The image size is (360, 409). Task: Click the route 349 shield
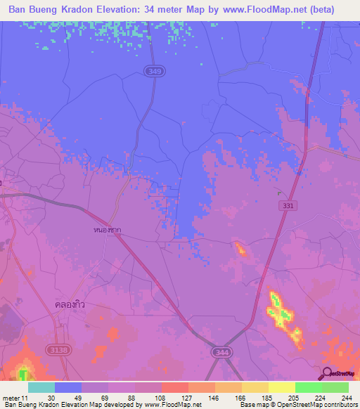(153, 71)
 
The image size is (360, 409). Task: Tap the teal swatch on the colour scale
(41, 387)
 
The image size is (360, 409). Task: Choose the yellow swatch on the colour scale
(282, 387)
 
